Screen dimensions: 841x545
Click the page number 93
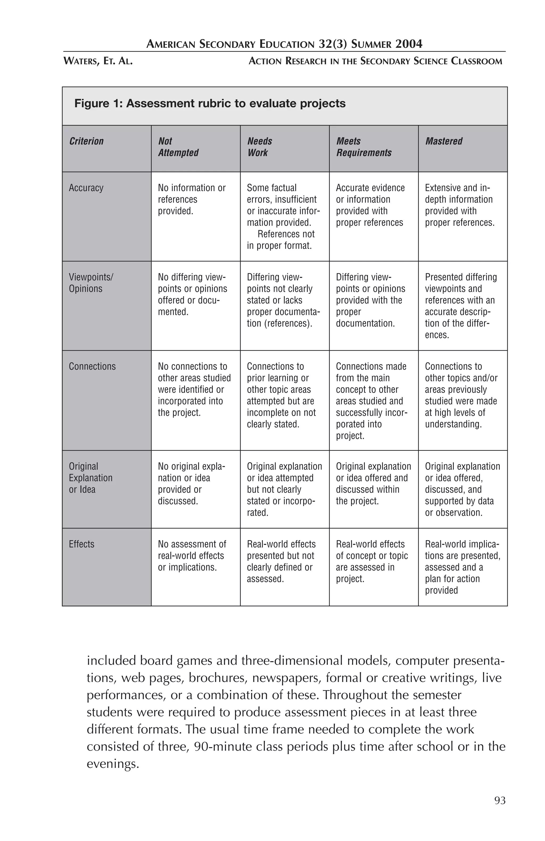pyautogui.click(x=500, y=800)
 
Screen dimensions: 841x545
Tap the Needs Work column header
pyautogui.click(x=259, y=147)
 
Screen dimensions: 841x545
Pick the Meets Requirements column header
pyautogui.click(x=364, y=147)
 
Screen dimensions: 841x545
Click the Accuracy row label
pyautogui.click(x=86, y=188)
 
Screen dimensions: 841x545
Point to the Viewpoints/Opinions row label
pyautogui.click(x=90, y=283)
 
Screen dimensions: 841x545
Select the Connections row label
pyautogui.click(x=92, y=367)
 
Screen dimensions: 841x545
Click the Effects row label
pyautogui.click(x=81, y=544)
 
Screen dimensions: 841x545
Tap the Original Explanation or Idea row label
pyautogui.click(x=90, y=478)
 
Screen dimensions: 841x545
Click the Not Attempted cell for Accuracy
pyautogui.click(x=191, y=199)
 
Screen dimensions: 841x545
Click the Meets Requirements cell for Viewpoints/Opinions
pyautogui.click(x=370, y=300)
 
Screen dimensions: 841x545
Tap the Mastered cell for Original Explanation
pyautogui.click(x=462, y=489)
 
